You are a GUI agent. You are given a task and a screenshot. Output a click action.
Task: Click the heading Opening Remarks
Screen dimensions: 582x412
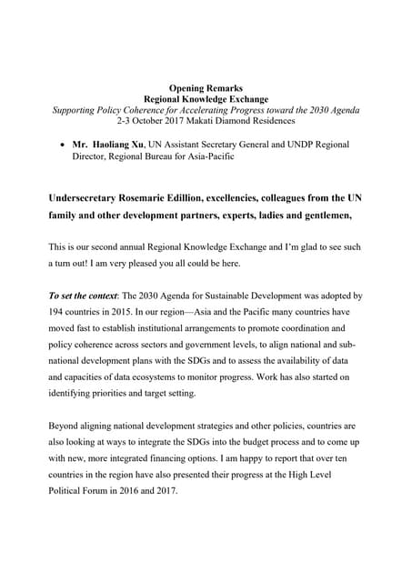pyautogui.click(x=206, y=87)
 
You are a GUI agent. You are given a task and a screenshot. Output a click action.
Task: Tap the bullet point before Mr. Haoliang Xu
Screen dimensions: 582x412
pyautogui.click(x=61, y=145)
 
